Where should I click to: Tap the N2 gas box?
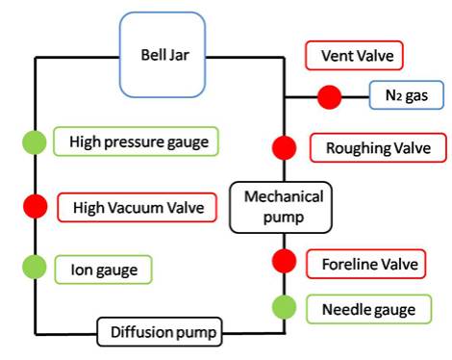tap(407, 96)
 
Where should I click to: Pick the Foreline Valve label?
tap(366, 262)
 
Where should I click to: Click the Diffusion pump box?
tap(159, 333)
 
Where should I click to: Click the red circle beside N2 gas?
tap(330, 96)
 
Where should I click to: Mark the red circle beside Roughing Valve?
tap(284, 147)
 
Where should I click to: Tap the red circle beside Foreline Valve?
tap(284, 261)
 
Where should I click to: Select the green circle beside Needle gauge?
tap(284, 308)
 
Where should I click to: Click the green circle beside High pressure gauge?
tap(36, 143)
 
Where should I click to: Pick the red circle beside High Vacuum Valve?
tap(36, 206)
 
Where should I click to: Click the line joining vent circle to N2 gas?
tap(357, 96)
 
